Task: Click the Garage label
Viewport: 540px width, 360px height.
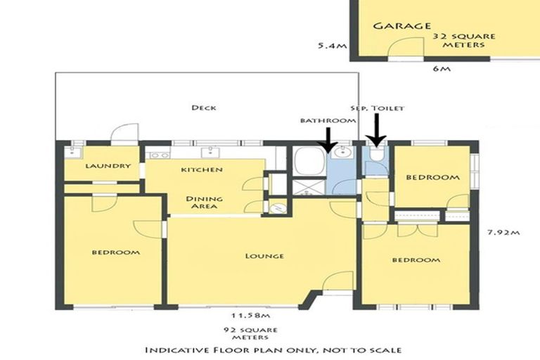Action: [x=401, y=26]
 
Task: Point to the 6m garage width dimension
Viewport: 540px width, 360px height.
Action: [x=442, y=70]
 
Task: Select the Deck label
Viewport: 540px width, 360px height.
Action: [x=203, y=108]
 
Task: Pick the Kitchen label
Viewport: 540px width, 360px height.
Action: [x=202, y=170]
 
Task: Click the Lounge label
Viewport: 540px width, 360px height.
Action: [x=265, y=256]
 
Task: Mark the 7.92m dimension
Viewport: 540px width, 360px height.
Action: [x=504, y=232]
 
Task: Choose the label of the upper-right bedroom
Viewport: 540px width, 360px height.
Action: [x=433, y=178]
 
